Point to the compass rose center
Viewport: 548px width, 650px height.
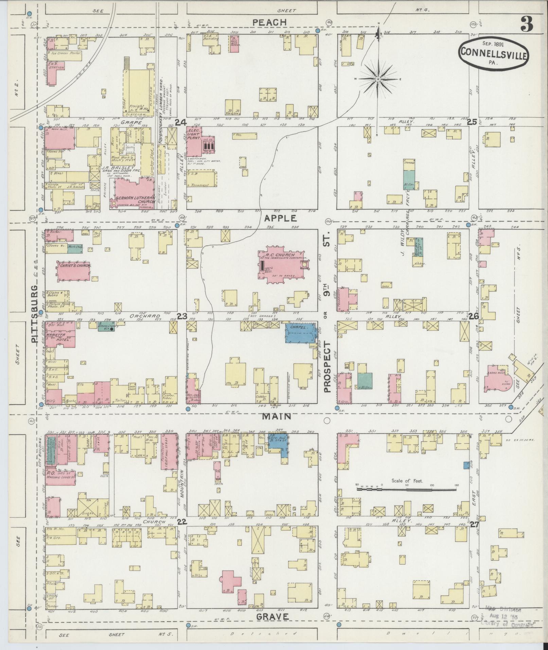(378, 79)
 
